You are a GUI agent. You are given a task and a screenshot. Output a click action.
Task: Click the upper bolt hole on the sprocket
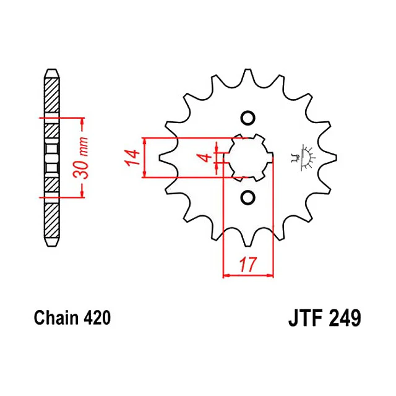coord(247,118)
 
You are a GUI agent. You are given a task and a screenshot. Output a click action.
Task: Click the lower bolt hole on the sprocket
coord(247,197)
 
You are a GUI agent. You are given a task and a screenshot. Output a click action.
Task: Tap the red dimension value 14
coord(132,158)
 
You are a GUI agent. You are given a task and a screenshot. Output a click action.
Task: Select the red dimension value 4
coord(207,158)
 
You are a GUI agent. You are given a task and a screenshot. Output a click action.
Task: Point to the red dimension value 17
coord(248,264)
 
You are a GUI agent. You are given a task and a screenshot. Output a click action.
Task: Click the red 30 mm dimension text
coord(81,158)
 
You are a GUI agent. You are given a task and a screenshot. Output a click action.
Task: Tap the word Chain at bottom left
coord(56,318)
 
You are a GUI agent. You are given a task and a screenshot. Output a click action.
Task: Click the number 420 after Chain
coord(97,318)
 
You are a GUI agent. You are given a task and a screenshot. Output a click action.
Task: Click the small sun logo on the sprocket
coord(303,158)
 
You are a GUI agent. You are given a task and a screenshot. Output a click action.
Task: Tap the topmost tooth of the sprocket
coord(248,75)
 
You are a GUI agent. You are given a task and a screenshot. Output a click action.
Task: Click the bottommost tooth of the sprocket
coord(248,239)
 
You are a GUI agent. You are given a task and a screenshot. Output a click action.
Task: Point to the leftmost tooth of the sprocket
coord(166,158)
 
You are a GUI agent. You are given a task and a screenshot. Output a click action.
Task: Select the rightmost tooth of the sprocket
coord(329,158)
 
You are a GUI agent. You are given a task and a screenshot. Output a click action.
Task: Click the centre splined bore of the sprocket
coord(249,158)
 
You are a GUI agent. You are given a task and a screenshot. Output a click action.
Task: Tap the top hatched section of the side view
coord(52,95)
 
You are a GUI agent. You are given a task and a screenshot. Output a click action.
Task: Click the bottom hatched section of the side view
coord(52,220)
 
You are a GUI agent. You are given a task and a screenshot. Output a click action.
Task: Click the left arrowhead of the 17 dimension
coord(226,275)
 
